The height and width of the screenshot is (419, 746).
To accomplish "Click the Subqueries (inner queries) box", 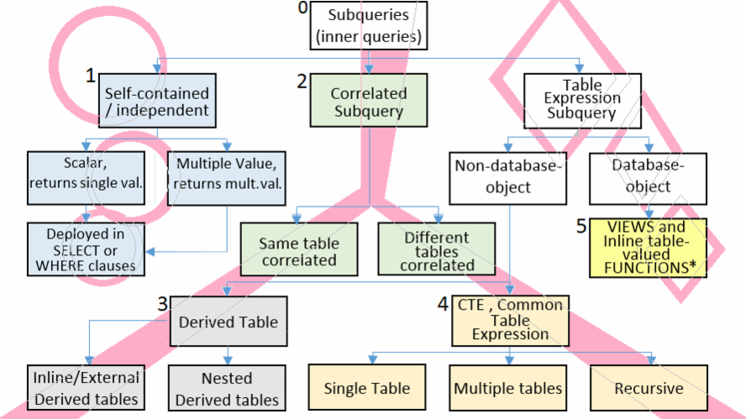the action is [369, 26].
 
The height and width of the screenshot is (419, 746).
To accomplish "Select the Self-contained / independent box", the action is [157, 101].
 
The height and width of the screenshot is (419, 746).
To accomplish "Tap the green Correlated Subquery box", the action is [369, 101].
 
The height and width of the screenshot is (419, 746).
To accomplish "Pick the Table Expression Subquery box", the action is [582, 101].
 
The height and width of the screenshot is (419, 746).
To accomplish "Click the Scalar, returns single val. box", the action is [87, 178].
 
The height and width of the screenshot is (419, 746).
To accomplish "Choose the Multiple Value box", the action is [227, 178].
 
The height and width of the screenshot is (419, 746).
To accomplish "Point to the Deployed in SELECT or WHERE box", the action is [87, 249].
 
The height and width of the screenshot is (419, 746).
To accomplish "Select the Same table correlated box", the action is [299, 249].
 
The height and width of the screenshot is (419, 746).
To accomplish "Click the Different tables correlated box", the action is [437, 249].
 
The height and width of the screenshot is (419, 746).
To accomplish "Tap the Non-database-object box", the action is [508, 178].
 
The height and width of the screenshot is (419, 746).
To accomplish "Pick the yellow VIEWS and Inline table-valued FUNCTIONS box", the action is [648, 248].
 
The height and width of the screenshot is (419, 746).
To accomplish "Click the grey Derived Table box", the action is [229, 322].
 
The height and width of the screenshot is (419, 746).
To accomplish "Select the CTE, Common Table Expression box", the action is [511, 321].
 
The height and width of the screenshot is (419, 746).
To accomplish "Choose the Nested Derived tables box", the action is [227, 388].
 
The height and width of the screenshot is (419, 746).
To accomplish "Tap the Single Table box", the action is [367, 387].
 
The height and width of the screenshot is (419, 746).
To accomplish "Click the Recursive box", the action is [649, 388].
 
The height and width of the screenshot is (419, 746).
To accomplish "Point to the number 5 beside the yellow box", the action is [581, 227].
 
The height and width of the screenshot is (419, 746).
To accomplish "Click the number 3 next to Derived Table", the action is [163, 304].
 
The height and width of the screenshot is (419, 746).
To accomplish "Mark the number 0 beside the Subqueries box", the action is [303, 8].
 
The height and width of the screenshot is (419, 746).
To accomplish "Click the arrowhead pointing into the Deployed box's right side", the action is [150, 252].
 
